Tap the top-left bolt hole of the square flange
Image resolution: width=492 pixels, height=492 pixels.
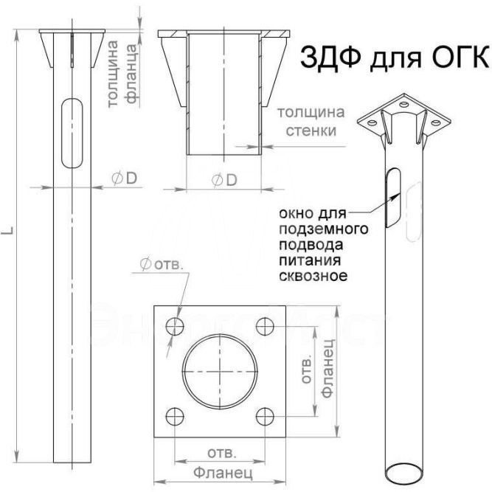[175, 326]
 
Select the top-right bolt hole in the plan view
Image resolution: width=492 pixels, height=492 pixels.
[263, 326]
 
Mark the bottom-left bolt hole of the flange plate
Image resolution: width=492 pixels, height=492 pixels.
[175, 415]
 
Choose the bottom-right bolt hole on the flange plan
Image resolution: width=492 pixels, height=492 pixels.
[263, 415]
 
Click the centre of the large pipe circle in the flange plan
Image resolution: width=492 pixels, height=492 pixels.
[218, 370]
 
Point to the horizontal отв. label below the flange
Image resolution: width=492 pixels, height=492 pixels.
[219, 451]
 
